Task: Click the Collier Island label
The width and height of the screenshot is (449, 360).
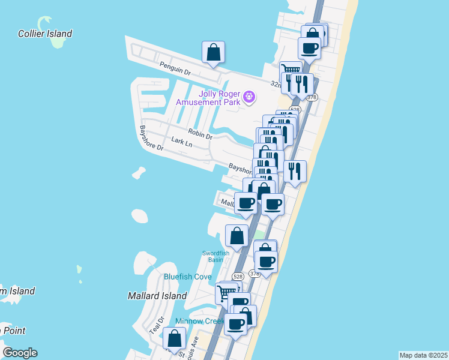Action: [45, 34]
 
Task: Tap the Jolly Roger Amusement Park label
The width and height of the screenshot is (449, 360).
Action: [208, 98]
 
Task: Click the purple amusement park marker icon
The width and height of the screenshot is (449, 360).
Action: [250, 96]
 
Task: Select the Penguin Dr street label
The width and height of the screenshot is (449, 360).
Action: [175, 68]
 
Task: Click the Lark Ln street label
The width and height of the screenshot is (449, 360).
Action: [181, 142]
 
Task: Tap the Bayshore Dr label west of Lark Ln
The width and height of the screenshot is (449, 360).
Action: [151, 137]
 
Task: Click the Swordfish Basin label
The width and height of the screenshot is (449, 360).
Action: [215, 256]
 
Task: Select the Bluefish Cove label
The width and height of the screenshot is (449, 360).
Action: [188, 277]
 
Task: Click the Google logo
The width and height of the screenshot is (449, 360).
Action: [20, 353]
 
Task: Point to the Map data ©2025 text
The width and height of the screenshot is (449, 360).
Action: [423, 355]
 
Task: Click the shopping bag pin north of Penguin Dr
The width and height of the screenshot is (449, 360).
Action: [214, 52]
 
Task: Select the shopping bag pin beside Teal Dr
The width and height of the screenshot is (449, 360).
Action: [174, 339]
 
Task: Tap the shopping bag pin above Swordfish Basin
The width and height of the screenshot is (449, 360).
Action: [237, 236]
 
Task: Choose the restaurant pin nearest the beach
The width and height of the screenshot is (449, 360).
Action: [295, 172]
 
